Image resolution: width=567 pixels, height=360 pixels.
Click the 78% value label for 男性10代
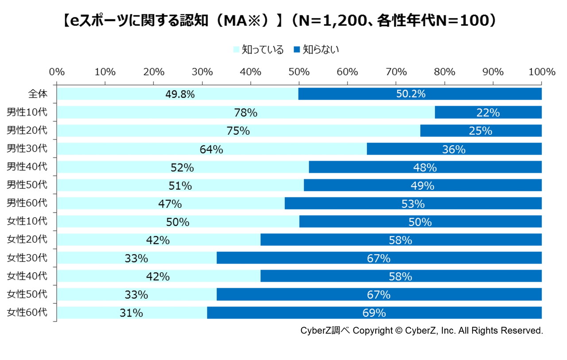(245, 113)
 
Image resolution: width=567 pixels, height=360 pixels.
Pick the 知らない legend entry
(316, 50)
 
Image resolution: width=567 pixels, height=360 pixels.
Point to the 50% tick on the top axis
(299, 72)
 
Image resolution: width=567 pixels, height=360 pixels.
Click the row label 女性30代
(27, 258)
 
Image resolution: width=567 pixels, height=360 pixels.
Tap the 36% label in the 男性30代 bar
(454, 149)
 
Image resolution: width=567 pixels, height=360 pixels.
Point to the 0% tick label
(57, 72)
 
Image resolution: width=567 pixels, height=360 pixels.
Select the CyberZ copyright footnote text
(421, 331)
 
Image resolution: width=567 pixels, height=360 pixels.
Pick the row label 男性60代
(27, 203)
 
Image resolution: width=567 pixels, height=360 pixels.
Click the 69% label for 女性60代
(374, 313)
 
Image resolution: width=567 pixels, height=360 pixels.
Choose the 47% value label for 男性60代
(170, 204)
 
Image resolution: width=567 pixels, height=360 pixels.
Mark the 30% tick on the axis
(202, 72)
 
